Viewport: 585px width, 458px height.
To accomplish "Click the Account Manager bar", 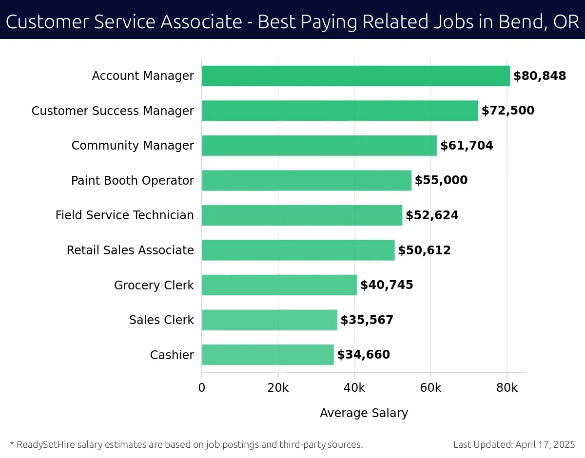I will (356, 76).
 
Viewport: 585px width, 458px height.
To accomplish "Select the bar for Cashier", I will (268, 355).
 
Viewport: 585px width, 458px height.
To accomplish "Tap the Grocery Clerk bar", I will (279, 285).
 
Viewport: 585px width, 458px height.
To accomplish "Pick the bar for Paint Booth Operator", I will (307, 180).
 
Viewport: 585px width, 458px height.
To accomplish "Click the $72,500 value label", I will (508, 111).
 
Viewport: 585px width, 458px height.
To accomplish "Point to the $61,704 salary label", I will (467, 146).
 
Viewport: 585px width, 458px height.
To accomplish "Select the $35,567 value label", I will (367, 320).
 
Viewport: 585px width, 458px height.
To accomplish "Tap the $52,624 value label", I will (432, 215).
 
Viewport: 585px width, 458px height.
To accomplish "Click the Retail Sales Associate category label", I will (130, 250).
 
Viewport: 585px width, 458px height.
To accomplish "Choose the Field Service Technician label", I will (125, 215).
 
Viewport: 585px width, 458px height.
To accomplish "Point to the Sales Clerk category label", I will (161, 320).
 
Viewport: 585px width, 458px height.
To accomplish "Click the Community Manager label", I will (133, 146).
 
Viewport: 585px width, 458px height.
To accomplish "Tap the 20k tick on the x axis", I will (278, 388).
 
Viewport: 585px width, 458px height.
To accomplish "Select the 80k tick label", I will (507, 388).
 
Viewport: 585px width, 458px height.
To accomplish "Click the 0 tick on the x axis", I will (202, 388).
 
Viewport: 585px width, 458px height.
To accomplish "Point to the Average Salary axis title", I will (364, 413).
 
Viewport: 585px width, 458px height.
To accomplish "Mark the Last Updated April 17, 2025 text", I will (514, 444).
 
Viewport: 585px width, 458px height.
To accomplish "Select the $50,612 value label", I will (424, 250).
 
